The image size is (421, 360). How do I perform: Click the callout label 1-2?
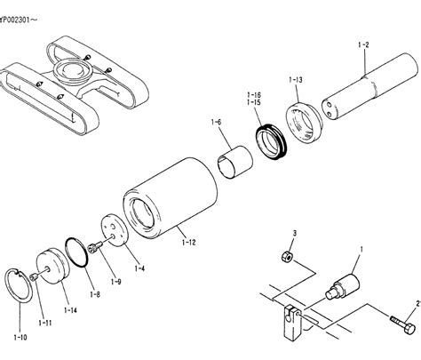pos(363,45)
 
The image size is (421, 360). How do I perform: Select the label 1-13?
pos(296,80)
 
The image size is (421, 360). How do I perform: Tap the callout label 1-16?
pos(254,95)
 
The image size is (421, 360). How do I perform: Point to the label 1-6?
pos(216,122)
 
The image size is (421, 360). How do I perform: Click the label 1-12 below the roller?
pos(189,243)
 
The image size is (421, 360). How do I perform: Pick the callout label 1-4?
pos(139,268)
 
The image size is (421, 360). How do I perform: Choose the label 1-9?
pos(115,282)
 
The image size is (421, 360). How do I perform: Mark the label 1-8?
pos(95,294)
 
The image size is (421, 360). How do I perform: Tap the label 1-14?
pos(70,310)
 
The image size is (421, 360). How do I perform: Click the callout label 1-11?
pos(44,323)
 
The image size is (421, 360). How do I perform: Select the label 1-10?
pos(20,337)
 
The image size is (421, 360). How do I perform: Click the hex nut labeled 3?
pos(287,256)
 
